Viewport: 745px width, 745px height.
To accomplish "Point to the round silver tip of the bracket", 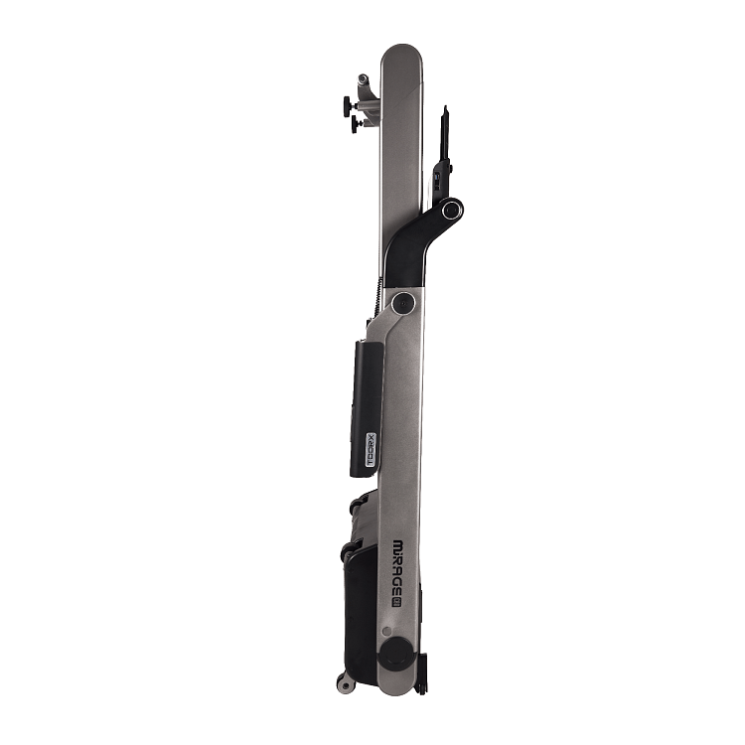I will [363, 78].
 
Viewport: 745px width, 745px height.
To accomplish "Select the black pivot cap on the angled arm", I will [451, 210].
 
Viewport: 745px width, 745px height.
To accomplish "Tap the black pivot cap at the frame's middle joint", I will [403, 303].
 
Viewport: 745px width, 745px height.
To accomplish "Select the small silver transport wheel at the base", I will [345, 683].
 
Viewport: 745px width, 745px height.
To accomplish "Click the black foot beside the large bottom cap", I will [423, 675].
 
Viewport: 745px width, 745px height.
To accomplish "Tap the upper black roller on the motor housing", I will [355, 507].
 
